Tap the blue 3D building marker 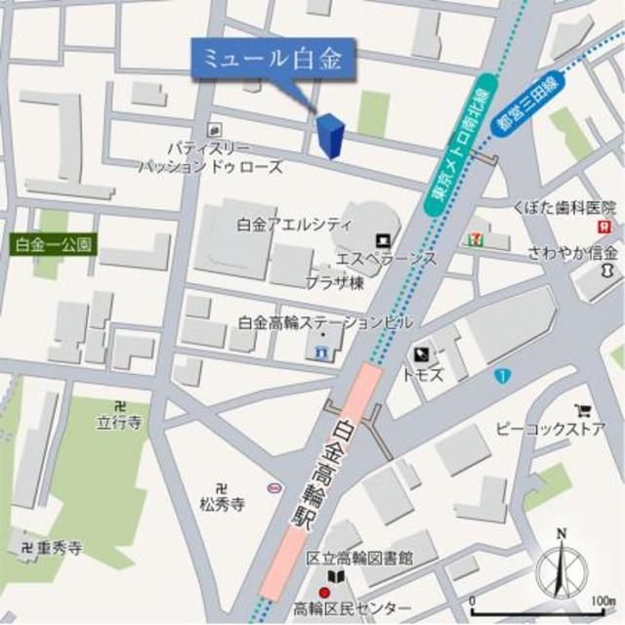tap(331, 137)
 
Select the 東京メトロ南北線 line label tap(457, 146)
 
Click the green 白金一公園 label tap(54, 244)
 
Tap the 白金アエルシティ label tap(294, 225)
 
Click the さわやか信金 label tap(561, 252)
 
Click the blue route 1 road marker tap(501, 374)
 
